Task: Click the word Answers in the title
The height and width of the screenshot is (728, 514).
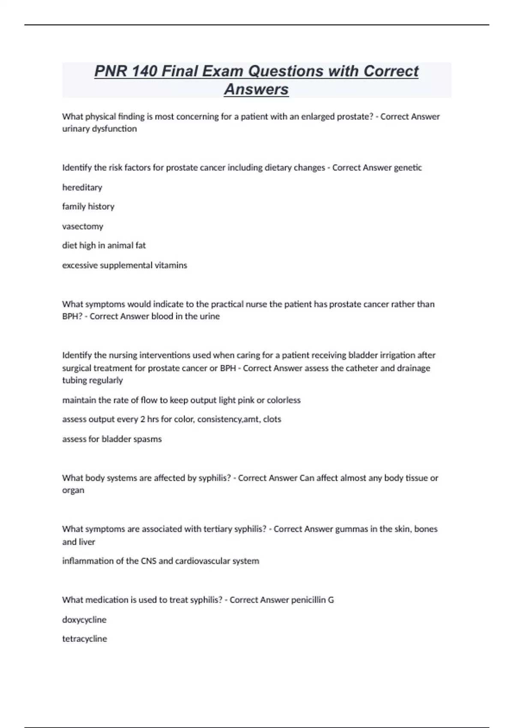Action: pyautogui.click(x=256, y=90)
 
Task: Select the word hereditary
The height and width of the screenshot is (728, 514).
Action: pyautogui.click(x=82, y=187)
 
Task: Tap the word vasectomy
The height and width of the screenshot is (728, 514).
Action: pyautogui.click(x=83, y=226)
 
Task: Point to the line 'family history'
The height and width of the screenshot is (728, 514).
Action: pyautogui.click(x=88, y=206)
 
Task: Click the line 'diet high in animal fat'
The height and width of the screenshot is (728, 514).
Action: pyautogui.click(x=104, y=245)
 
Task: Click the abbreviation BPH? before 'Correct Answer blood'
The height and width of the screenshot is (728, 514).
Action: pyautogui.click(x=72, y=316)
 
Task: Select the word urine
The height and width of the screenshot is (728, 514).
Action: pyautogui.click(x=209, y=316)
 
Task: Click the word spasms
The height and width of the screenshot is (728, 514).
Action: pyautogui.click(x=148, y=439)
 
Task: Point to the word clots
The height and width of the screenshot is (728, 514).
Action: pyautogui.click(x=272, y=419)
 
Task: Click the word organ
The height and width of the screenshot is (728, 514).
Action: pyautogui.click(x=73, y=490)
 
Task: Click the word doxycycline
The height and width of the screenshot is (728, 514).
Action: pyautogui.click(x=84, y=620)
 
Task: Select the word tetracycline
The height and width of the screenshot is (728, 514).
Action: pyautogui.click(x=85, y=639)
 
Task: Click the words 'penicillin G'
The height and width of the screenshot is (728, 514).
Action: pyautogui.click(x=312, y=600)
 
